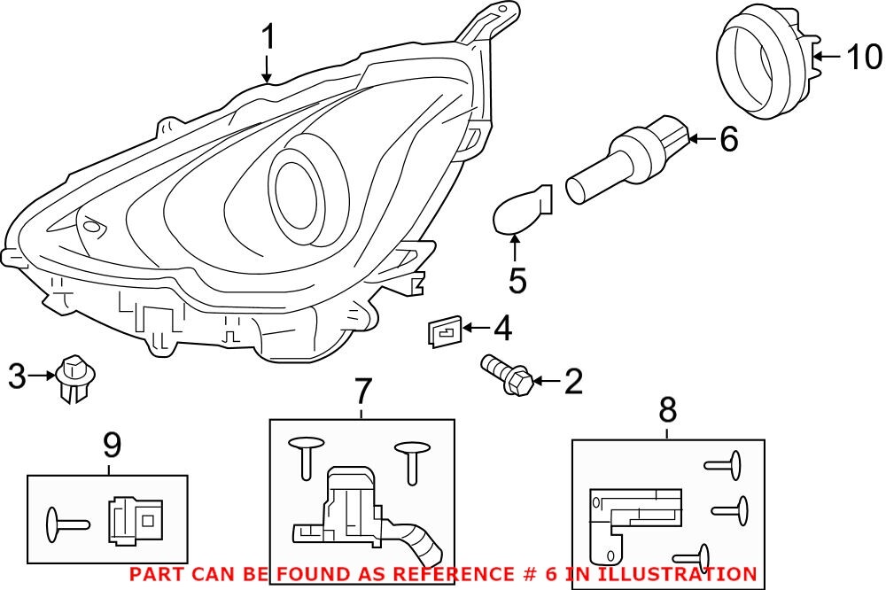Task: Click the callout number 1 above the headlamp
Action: coord(268,38)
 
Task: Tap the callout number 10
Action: coord(864,58)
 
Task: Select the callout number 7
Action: coord(363,391)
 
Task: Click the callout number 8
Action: coord(667,409)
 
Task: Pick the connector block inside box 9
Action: coord(134,519)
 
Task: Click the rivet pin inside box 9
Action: coord(67,522)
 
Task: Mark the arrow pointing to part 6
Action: coord(701,138)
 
